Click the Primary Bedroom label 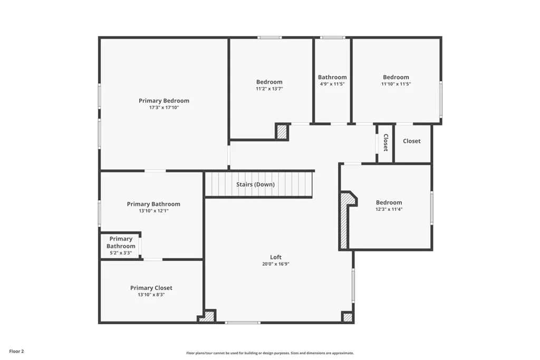click(x=164, y=101)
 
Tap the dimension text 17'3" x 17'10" click(x=164, y=108)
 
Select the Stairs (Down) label click(x=255, y=184)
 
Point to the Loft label click(x=276, y=257)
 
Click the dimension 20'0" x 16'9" click(x=276, y=264)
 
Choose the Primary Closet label click(x=151, y=288)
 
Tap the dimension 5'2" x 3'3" click(x=121, y=253)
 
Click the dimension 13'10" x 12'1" click(x=153, y=211)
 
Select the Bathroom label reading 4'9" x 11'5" click(x=332, y=77)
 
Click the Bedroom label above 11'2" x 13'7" click(x=269, y=82)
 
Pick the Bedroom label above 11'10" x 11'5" click(x=396, y=77)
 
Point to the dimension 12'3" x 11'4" click(x=389, y=209)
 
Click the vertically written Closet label click(x=385, y=142)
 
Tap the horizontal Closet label click(x=412, y=141)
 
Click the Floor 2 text click(x=16, y=351)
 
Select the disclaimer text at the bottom click(x=270, y=353)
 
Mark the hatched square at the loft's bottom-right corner click(x=347, y=317)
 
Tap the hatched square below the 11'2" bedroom click(x=282, y=132)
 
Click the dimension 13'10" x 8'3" click(x=151, y=295)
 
